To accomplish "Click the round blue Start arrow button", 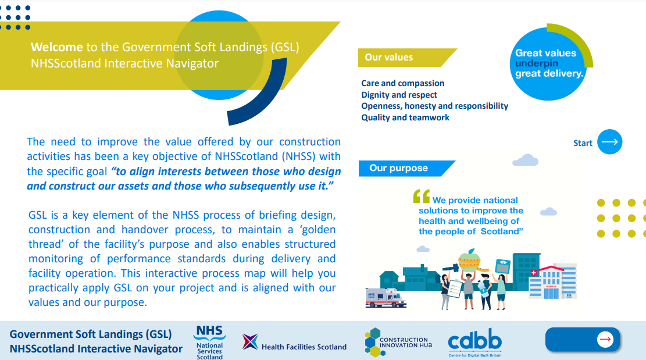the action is (610, 142).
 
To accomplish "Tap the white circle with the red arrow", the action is (605, 340).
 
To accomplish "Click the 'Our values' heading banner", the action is (407, 58).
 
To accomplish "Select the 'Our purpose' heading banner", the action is (406, 169).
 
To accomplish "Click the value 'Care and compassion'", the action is (402, 83).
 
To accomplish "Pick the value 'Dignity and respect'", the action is (399, 95).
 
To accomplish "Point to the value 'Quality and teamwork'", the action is (405, 117).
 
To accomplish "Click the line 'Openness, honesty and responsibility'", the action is (435, 106).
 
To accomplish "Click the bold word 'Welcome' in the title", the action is (57, 47).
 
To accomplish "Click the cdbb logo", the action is (474, 343).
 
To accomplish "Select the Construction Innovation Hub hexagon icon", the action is (373, 343).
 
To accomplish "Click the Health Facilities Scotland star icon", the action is (250, 341).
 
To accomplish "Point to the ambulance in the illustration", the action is (386, 297).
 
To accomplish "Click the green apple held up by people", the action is (469, 259).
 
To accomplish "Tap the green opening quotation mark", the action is (422, 196).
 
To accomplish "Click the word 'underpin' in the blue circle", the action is (537, 63).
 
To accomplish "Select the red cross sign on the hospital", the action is (534, 273).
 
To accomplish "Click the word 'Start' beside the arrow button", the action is (583, 143).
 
